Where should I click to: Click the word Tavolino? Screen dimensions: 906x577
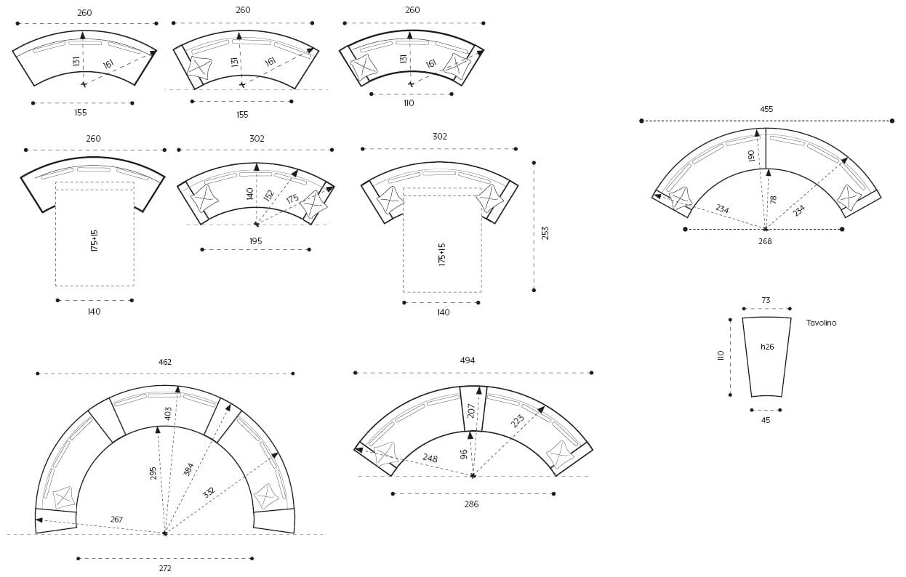tap(821, 323)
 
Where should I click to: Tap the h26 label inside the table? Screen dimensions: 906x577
tap(767, 347)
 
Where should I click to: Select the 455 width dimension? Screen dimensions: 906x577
tap(766, 109)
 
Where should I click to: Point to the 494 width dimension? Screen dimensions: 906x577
tap(467, 360)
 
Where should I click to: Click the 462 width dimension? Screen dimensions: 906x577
tap(164, 362)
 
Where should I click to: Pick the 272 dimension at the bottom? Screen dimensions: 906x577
tap(165, 568)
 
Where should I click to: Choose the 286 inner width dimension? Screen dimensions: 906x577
tap(471, 504)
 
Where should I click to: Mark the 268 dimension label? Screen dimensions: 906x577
tap(765, 241)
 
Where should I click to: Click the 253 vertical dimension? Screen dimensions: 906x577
tap(545, 233)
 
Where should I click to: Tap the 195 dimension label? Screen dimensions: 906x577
tap(256, 241)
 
